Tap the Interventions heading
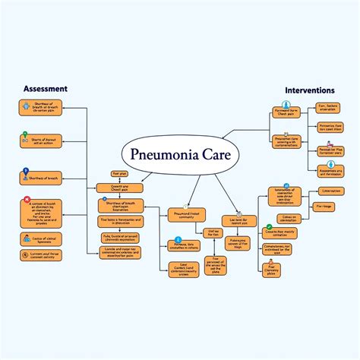click(x=310, y=90)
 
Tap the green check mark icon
click(x=267, y=227)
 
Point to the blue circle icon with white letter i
click(x=171, y=244)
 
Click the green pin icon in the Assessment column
click(x=26, y=139)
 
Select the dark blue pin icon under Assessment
click(x=26, y=172)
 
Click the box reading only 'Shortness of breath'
click(x=41, y=178)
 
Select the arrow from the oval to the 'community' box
click(x=176, y=190)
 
